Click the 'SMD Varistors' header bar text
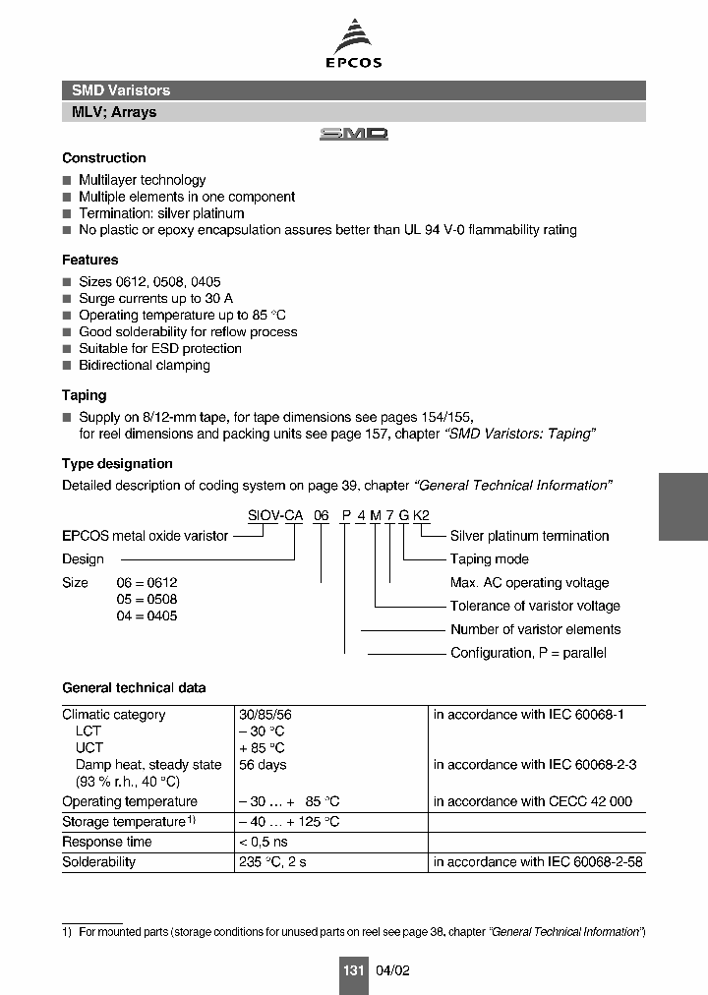(x=121, y=90)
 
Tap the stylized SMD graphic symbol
(x=354, y=135)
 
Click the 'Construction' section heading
(x=103, y=158)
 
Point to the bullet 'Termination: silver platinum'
(x=161, y=213)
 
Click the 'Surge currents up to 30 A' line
(x=155, y=298)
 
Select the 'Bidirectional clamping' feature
(x=145, y=365)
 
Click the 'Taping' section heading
(x=84, y=395)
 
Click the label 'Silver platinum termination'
(x=529, y=536)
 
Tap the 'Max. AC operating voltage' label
(x=529, y=583)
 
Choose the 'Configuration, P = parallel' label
(x=528, y=653)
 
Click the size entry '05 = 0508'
(x=147, y=599)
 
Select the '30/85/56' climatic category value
(x=265, y=715)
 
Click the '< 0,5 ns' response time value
(x=263, y=842)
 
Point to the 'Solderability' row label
(x=98, y=862)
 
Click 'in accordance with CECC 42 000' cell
(x=532, y=801)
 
